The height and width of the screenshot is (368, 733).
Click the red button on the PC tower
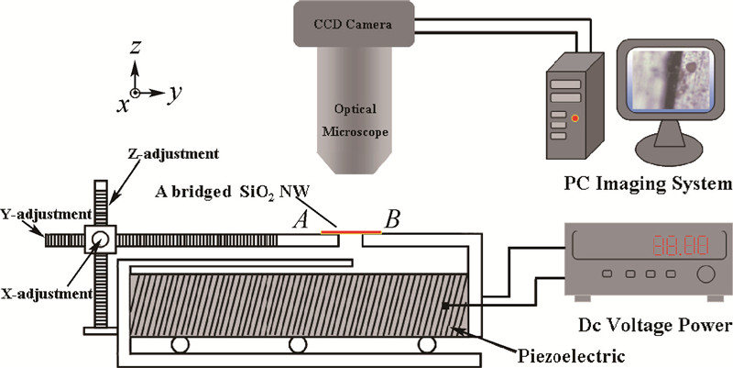(574, 118)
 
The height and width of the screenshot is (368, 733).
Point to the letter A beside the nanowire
(300, 221)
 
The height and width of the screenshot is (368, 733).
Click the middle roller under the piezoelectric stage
(296, 345)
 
